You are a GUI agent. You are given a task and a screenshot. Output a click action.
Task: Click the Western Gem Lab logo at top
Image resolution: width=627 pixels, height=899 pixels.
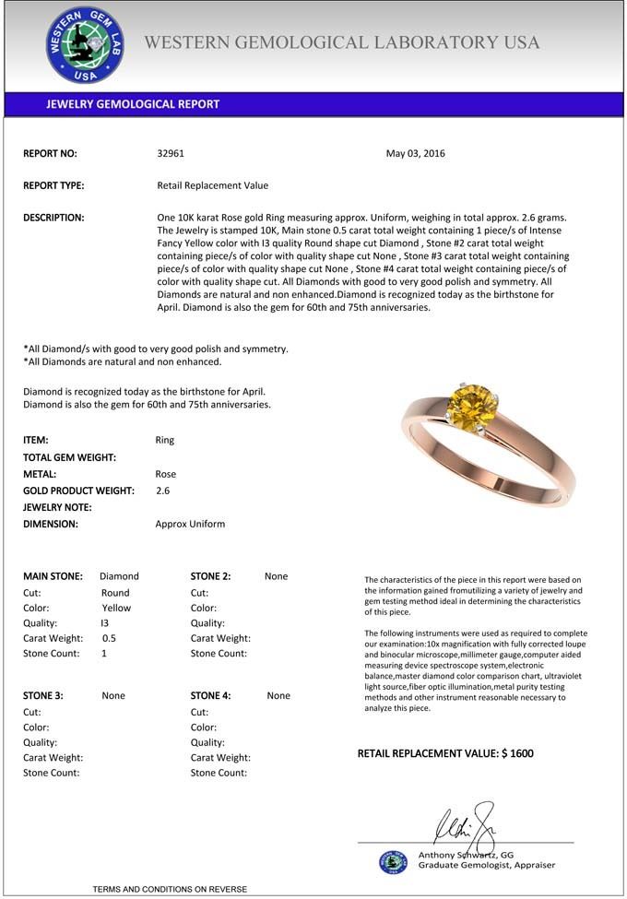(x=85, y=44)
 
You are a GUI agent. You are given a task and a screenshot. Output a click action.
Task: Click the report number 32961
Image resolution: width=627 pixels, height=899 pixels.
(x=171, y=154)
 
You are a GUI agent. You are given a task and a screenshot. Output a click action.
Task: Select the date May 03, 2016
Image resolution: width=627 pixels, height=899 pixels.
(x=415, y=154)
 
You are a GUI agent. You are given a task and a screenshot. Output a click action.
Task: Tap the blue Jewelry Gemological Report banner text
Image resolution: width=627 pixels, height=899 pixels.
(x=133, y=104)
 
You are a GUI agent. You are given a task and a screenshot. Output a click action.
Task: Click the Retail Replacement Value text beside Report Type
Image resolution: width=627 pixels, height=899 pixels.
(x=213, y=185)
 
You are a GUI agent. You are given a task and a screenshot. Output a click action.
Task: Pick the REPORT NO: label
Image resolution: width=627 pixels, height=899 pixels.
(x=50, y=154)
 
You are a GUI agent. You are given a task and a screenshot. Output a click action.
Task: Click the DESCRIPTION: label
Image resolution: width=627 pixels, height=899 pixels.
(x=53, y=218)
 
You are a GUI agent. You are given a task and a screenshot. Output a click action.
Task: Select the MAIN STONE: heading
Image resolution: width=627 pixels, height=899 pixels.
(x=53, y=576)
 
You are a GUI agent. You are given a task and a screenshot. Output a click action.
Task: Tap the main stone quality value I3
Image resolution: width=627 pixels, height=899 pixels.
(x=104, y=623)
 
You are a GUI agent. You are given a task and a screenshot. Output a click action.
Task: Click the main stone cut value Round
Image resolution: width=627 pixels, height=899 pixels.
(x=115, y=593)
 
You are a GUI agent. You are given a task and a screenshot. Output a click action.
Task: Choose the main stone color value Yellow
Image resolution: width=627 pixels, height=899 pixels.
(x=116, y=609)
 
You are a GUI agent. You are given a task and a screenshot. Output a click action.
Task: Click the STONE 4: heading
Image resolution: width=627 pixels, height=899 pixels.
(x=210, y=696)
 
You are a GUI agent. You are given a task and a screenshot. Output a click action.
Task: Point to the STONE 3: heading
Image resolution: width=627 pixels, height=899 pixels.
(x=42, y=696)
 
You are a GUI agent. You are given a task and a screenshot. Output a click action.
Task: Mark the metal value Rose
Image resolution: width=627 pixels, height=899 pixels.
(x=165, y=474)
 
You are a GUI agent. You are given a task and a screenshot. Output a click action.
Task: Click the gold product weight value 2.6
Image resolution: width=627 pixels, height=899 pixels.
(x=162, y=491)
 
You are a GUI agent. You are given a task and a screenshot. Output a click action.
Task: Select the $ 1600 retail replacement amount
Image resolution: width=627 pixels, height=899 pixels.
(x=517, y=753)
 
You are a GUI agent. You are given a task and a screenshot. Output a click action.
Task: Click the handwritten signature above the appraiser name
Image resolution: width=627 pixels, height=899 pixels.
(x=466, y=822)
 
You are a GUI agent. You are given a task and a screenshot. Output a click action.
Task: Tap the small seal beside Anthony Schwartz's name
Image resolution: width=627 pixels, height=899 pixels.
(x=393, y=861)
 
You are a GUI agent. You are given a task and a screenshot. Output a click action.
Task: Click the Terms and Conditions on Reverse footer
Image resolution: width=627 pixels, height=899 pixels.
(x=170, y=889)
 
